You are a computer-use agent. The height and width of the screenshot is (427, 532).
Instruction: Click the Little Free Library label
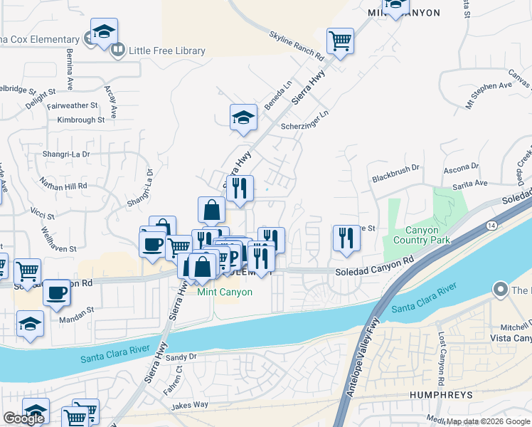[x=166, y=51]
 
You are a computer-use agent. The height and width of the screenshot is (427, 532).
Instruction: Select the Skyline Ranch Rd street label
[x=297, y=46]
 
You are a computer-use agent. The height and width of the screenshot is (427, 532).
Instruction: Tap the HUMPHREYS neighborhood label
[x=441, y=394]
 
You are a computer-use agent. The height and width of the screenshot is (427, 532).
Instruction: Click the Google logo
[x=24, y=418]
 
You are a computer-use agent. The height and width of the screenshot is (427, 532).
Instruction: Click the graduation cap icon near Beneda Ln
[x=243, y=117]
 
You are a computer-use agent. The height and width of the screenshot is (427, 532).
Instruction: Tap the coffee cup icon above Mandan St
[x=57, y=292]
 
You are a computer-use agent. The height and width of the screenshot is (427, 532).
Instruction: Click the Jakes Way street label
[x=190, y=406]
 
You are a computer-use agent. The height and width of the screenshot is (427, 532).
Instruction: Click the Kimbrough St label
[x=81, y=120]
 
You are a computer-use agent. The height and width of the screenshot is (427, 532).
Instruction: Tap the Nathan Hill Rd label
[x=63, y=186]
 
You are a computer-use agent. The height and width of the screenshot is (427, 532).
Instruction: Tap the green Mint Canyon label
[x=225, y=292]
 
